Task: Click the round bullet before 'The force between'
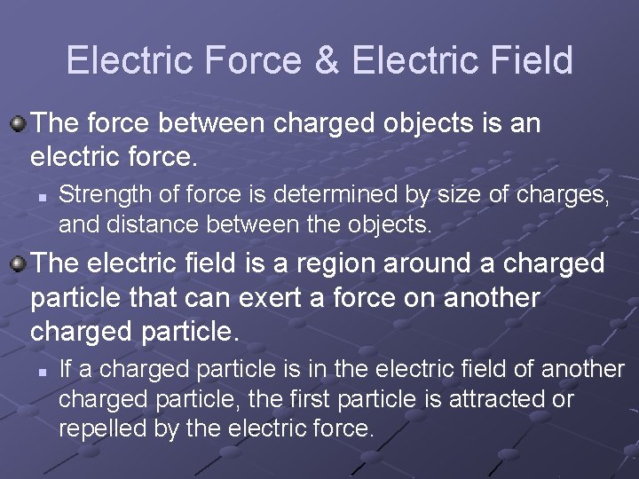18,122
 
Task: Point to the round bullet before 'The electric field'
18,263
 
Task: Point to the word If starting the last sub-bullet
66,369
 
